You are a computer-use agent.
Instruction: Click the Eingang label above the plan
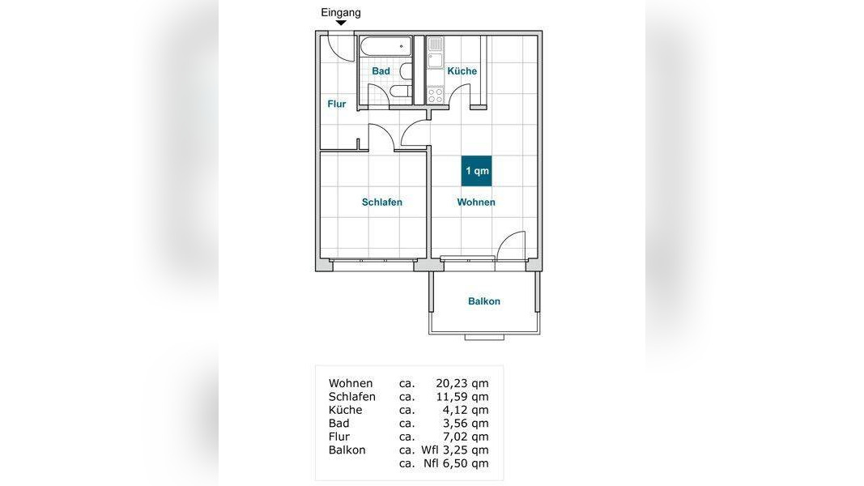[x=341, y=13]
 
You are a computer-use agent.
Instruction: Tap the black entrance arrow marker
[x=341, y=23]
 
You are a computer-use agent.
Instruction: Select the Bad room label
[x=381, y=71]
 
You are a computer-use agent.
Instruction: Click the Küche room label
[x=462, y=71]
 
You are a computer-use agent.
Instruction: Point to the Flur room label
[x=337, y=104]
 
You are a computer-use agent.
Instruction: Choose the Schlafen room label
[x=382, y=202]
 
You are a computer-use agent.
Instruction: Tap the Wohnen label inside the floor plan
[x=476, y=202]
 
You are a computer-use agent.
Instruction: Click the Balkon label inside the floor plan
[x=484, y=301]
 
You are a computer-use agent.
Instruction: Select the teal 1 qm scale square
[x=477, y=171]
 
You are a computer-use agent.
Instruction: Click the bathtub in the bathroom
[x=385, y=46]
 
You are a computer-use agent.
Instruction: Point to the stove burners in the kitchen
[x=436, y=95]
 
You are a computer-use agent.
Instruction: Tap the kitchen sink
[x=436, y=53]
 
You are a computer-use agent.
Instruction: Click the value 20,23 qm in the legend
[x=462, y=383]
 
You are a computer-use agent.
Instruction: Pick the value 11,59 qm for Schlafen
[x=462, y=397]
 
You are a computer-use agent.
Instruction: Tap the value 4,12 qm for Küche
[x=465, y=410]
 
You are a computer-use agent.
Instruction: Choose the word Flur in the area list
[x=338, y=437]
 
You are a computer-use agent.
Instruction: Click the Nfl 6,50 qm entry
[x=456, y=463]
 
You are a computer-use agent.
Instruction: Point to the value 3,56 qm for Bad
[x=465, y=423]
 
